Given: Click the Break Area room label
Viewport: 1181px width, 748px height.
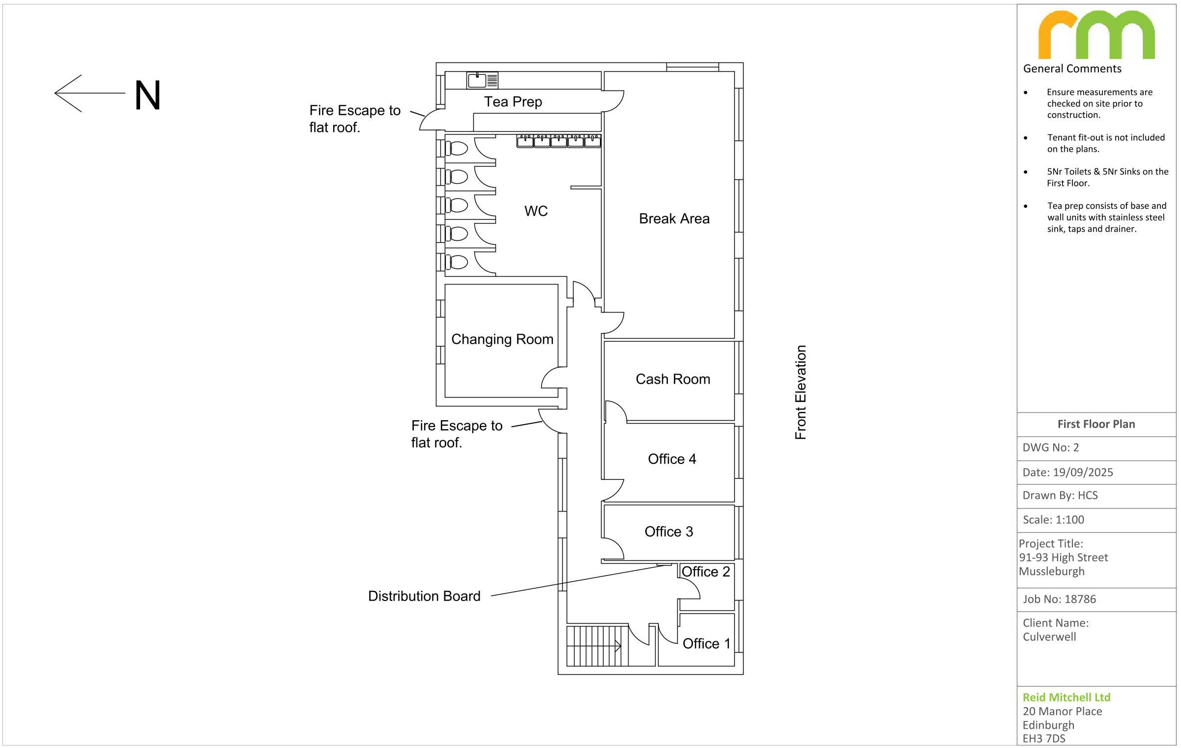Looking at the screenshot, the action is coord(674,219).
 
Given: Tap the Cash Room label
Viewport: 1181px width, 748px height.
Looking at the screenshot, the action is coord(673,379).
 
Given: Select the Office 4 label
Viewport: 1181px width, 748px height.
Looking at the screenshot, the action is coord(672,459).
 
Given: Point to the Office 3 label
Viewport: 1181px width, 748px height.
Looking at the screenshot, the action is coord(668,532).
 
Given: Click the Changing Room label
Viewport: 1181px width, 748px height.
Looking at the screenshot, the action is coord(502,340).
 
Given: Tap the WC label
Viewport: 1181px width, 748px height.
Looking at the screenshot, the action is coord(536,211).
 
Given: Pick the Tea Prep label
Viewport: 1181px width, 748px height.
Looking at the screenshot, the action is coord(513,102).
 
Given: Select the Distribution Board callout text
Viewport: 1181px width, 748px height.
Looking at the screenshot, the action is coord(424,596).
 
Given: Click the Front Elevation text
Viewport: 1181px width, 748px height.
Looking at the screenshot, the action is coord(801,392).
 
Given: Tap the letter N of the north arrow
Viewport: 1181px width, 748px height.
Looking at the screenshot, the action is coord(147,95).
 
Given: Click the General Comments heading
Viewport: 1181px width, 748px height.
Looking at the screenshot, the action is coord(1072,69).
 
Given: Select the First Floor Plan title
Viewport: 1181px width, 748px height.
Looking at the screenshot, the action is coord(1096,424).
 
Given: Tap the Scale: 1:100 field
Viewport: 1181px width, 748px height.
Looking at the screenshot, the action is coord(1053,520).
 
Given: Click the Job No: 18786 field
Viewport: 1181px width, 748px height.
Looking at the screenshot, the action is coord(1059,599).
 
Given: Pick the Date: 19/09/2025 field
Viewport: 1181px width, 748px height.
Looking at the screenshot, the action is coord(1067,472).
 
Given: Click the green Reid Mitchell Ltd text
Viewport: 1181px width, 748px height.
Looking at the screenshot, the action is coord(1066,697).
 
